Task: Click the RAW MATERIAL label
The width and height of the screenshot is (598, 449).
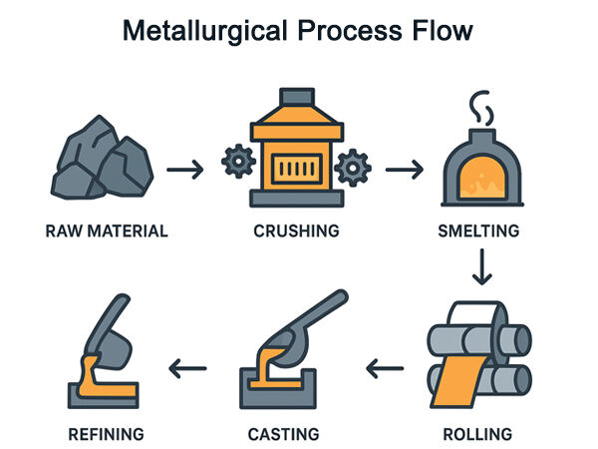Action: pyautogui.click(x=107, y=231)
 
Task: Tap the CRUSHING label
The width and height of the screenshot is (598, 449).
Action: pyautogui.click(x=297, y=231)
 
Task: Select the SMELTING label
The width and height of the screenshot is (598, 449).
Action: pyautogui.click(x=479, y=231)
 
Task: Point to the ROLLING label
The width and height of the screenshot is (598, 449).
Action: pyautogui.click(x=479, y=434)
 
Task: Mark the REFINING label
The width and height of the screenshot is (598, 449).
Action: pyautogui.click(x=107, y=434)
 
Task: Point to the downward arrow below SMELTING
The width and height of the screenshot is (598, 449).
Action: pyautogui.click(x=482, y=267)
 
